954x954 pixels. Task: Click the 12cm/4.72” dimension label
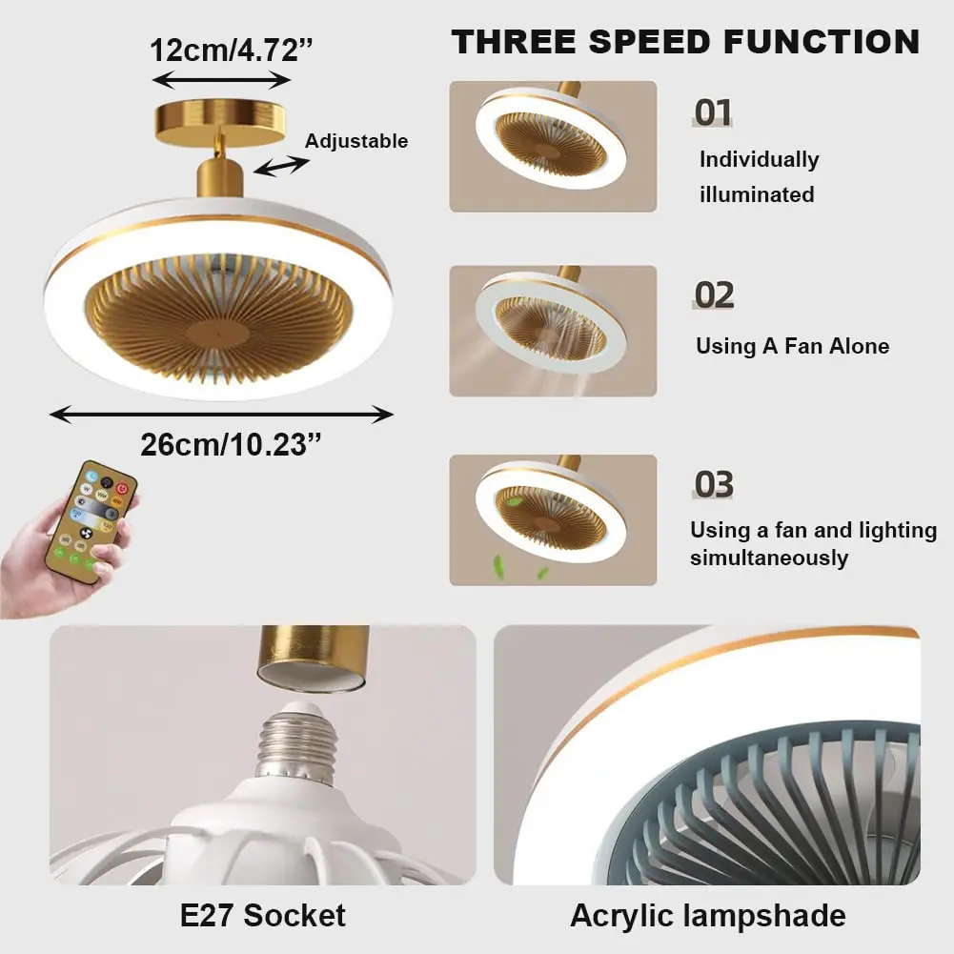[232, 50]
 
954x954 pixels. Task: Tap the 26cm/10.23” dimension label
[231, 445]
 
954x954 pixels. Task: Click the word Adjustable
[355, 141]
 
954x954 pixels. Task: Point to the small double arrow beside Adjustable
[281, 166]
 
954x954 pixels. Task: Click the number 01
[713, 112]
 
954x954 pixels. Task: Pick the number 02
[714, 295]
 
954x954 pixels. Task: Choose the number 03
[714, 484]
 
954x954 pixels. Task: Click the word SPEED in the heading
[649, 42]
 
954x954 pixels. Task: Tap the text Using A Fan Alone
[792, 346]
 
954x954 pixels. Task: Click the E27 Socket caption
[263, 916]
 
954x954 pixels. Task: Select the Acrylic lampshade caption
[708, 916]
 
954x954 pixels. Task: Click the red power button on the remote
[122, 489]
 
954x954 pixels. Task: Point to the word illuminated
[757, 194]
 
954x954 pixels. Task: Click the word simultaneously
[769, 558]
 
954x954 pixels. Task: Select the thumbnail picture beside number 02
[553, 331]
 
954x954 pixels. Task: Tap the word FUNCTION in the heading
[822, 42]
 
